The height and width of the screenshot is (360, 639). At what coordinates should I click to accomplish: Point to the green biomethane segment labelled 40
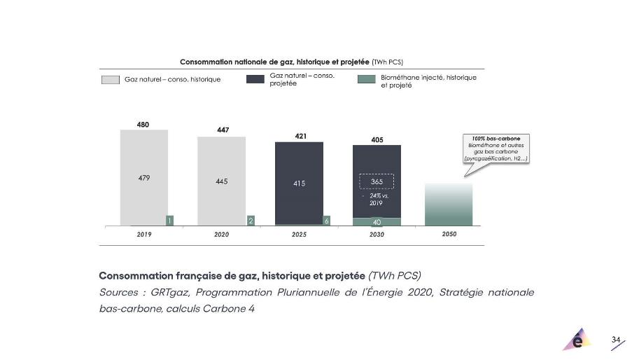pos(377,222)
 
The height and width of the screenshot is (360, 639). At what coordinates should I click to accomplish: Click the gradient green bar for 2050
pos(449,205)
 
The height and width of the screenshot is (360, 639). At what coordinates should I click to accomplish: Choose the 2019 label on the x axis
pos(144,235)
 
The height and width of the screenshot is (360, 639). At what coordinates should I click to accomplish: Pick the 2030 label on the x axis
pos(377,235)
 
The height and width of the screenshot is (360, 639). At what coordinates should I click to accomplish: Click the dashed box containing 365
pos(377,181)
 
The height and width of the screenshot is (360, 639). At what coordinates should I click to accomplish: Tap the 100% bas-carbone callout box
pos(496,148)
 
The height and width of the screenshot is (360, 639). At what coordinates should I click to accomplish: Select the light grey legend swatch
pos(111,80)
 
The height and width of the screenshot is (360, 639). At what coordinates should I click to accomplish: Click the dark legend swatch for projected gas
pos(255,80)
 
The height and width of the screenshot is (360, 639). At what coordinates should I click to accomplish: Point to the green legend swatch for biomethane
pos(365,80)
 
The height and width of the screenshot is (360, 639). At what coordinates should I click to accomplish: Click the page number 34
pos(616,340)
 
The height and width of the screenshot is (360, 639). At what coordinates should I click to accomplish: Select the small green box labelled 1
pos(169,221)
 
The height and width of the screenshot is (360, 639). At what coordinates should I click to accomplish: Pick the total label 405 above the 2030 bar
pos(377,140)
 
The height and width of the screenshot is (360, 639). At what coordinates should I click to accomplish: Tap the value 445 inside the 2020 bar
pos(221,181)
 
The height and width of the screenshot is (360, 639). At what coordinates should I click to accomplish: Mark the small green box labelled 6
pos(326,221)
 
